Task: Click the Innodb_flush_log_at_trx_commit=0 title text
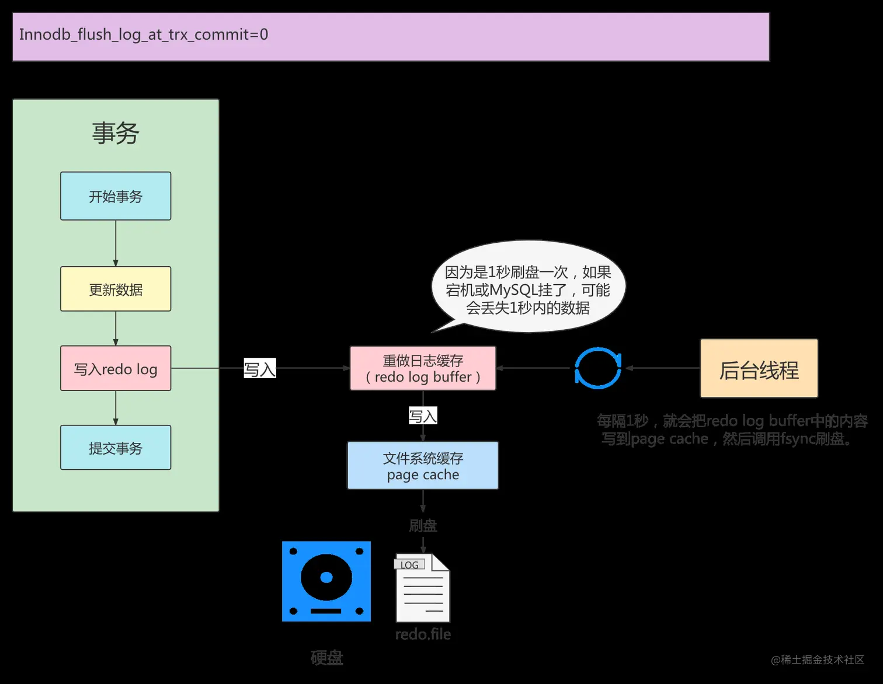[x=144, y=34]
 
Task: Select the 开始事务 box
[x=116, y=196]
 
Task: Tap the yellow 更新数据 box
[x=116, y=289]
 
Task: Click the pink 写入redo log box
[x=116, y=369]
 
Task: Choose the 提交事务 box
[x=116, y=448]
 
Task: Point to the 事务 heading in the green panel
[x=116, y=133]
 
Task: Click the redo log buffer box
[x=423, y=369]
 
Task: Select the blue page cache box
[x=423, y=466]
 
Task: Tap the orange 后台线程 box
[x=759, y=369]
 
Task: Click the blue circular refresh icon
[x=598, y=368]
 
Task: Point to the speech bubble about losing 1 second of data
[x=528, y=289]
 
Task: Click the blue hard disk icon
[x=326, y=581]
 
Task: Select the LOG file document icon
[x=423, y=588]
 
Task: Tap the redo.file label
[x=423, y=634]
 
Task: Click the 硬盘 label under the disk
[x=326, y=658]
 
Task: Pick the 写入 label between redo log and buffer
[x=259, y=369]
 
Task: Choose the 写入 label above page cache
[x=423, y=416]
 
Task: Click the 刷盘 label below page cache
[x=423, y=526]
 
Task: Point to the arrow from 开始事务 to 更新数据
[x=116, y=243]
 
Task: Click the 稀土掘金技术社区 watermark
[x=817, y=659]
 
